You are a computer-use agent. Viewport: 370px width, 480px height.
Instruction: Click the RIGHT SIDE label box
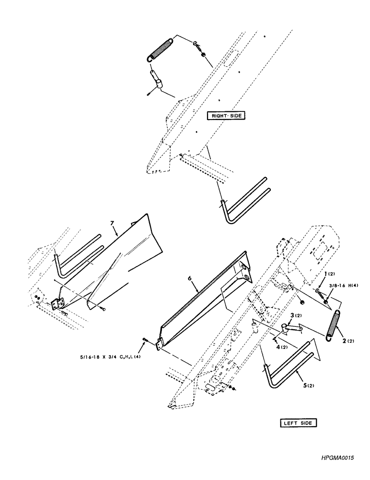click(226, 115)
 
